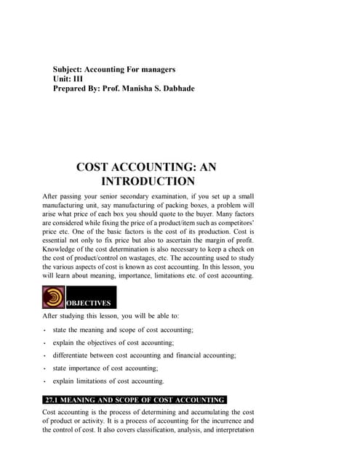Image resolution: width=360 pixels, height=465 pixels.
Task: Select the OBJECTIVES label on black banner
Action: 90,303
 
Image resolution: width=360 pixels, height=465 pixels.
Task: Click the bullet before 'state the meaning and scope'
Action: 45,331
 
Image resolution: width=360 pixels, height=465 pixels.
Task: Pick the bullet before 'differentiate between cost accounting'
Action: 45,356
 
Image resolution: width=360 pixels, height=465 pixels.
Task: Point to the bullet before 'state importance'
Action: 45,368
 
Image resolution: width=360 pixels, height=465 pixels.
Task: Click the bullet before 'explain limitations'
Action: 45,381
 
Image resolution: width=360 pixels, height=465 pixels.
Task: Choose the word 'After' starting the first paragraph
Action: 52,196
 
